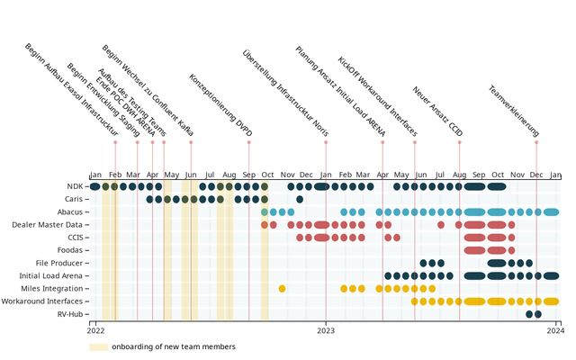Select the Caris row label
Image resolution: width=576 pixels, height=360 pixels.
[x=76, y=199]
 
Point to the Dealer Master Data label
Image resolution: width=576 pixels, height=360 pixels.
[x=49, y=224]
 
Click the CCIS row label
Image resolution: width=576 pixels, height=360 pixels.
[x=76, y=238]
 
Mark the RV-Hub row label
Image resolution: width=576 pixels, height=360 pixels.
[x=71, y=314]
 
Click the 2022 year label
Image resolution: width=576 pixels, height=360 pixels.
[x=95, y=331]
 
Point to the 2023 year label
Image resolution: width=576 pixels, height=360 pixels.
[x=326, y=331]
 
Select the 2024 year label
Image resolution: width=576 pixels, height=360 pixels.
[x=556, y=331]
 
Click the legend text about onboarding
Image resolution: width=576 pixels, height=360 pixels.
[x=174, y=346]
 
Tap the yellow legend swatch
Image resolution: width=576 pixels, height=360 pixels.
[x=98, y=346]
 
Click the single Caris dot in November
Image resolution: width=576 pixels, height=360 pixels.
[x=300, y=199]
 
